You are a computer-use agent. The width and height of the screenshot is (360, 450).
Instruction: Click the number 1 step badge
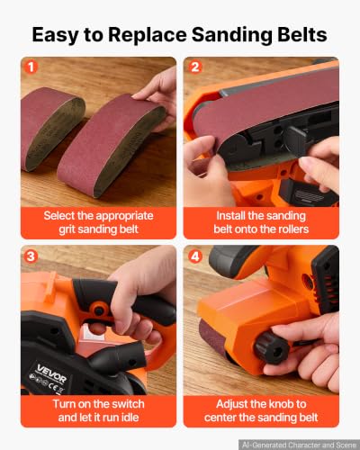pos(31,67)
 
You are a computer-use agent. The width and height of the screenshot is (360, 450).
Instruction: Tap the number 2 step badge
pos(195,67)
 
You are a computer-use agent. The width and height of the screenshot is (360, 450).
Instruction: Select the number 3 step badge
pos(31,256)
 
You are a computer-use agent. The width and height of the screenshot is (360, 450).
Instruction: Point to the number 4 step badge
pos(195,256)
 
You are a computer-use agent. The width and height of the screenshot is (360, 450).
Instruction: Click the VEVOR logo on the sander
pos(51,373)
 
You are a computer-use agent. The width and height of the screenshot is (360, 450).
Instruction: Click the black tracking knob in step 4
pos(272,347)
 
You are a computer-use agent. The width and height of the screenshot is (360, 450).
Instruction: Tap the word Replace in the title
pos(148,35)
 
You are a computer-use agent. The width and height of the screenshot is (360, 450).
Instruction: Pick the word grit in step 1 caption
pos(65,229)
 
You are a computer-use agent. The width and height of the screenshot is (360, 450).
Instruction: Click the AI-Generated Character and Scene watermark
pos(299,445)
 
